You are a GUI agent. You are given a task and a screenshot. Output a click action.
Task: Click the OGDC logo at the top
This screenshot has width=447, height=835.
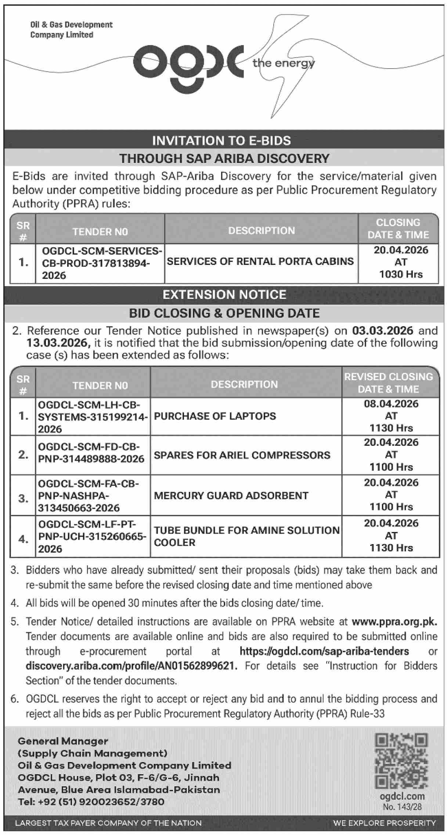pyautogui.click(x=188, y=66)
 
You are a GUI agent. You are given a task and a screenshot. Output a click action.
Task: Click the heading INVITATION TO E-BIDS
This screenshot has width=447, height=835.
pyautogui.click(x=221, y=140)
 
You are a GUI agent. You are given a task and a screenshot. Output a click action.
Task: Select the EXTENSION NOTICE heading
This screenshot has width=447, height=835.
pyautogui.click(x=224, y=295)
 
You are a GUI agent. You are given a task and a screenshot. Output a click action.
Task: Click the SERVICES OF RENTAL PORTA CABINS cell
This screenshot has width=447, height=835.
pyautogui.click(x=260, y=261)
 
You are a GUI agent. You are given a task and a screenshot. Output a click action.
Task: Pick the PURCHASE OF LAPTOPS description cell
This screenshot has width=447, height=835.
pyautogui.click(x=215, y=416)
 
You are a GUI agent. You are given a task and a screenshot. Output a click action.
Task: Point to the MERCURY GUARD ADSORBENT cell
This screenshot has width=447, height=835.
pyautogui.click(x=231, y=496)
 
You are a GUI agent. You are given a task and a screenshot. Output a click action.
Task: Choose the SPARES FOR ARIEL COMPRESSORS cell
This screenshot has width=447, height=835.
pyautogui.click(x=242, y=455)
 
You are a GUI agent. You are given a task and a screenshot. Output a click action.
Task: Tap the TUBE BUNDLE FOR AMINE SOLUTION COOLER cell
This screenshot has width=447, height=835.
pyautogui.click(x=246, y=536)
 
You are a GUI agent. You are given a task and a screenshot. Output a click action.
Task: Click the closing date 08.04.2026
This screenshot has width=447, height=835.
pyautogui.click(x=391, y=404)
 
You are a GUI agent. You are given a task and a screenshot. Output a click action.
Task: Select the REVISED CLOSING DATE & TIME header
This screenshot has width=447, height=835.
pyautogui.click(x=389, y=383)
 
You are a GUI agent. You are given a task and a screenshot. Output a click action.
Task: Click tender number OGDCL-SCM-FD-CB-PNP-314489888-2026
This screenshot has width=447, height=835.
pyautogui.click(x=91, y=453)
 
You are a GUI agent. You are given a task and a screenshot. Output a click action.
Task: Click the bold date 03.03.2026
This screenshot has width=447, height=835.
pyautogui.click(x=383, y=331)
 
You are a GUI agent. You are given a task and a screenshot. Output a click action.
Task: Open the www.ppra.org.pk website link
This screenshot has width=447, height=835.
pyautogui.click(x=394, y=621)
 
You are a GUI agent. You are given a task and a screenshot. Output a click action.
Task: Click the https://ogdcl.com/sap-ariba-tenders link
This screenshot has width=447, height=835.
pyautogui.click(x=324, y=651)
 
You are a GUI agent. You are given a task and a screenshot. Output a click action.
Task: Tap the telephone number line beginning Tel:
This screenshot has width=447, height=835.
pyautogui.click(x=91, y=802)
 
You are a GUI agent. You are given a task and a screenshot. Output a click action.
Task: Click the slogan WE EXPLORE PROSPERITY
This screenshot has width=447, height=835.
pyautogui.click(x=384, y=823)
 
